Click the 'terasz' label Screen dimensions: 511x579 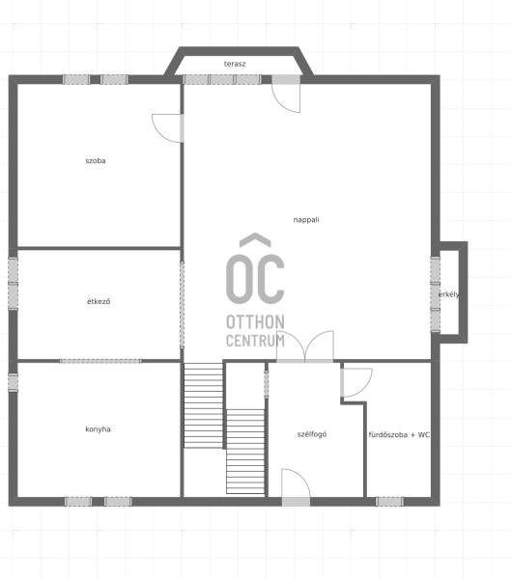pyautogui.click(x=235, y=64)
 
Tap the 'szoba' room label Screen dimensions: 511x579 pyautogui.click(x=96, y=160)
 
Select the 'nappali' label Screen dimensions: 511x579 pyautogui.click(x=306, y=220)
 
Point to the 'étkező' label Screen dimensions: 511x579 pyautogui.click(x=99, y=301)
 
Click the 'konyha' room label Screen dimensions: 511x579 pyautogui.click(x=98, y=429)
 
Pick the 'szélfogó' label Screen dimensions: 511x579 pyautogui.click(x=312, y=434)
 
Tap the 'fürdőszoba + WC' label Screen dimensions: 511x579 pyautogui.click(x=399, y=434)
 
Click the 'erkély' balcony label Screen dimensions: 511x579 pyautogui.click(x=449, y=294)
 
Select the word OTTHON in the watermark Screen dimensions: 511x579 pyautogui.click(x=255, y=322)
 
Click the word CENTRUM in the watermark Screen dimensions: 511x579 pyautogui.click(x=255, y=341)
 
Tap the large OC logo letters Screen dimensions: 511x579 pyautogui.click(x=255, y=279)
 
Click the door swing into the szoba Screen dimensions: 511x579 pyautogui.click(x=167, y=128)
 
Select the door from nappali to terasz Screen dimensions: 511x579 pyautogui.click(x=286, y=94)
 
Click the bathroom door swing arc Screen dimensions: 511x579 pyautogui.click(x=356, y=382)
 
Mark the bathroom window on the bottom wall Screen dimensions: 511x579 pyautogui.click(x=389, y=502)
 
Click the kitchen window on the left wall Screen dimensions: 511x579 pyautogui.click(x=13, y=382)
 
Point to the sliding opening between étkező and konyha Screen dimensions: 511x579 pyautogui.click(x=100, y=361)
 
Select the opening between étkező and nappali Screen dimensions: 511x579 pyautogui.click(x=182, y=305)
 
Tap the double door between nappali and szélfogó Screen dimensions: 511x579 pyautogui.click(x=304, y=346)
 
